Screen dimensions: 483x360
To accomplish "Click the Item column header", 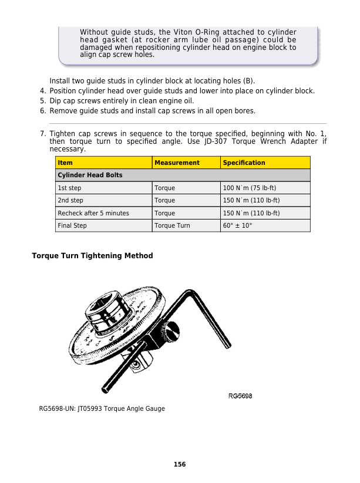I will [x=65, y=163].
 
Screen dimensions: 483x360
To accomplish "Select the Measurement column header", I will [x=177, y=163].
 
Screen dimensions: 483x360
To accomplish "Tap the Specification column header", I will [x=244, y=163].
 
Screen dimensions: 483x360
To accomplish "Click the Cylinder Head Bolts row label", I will [x=90, y=175].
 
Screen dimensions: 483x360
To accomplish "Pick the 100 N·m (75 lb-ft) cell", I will [x=250, y=188].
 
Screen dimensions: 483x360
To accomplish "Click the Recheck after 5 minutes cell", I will [x=93, y=214].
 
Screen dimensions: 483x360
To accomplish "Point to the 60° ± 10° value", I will [x=237, y=226].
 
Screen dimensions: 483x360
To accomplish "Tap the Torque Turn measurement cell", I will [x=172, y=226].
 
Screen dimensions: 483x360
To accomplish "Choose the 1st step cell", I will [x=69, y=188].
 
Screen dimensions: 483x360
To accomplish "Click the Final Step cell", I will [x=72, y=226].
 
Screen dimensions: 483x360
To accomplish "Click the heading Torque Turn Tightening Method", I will [x=92, y=256].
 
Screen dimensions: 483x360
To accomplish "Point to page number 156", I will [x=180, y=464].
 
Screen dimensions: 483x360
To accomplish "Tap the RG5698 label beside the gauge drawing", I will [x=240, y=396].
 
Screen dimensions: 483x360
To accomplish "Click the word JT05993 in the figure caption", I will [x=89, y=408].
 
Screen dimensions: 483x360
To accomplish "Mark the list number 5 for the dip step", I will [x=43, y=101].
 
